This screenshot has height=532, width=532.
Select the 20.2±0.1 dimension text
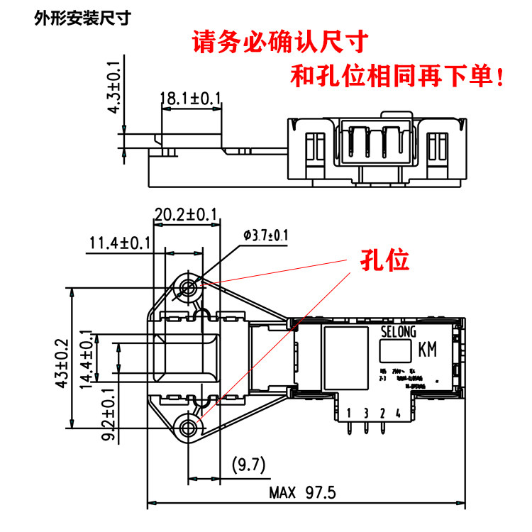186,214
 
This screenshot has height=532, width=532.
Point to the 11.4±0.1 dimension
120,243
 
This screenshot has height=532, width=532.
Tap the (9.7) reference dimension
248,465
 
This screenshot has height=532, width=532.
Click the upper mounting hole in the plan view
189,287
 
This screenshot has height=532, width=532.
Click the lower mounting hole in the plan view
189,427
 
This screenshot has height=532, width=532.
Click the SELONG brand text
398,331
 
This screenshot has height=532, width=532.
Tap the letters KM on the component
428,350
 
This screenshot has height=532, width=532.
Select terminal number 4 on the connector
398,413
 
